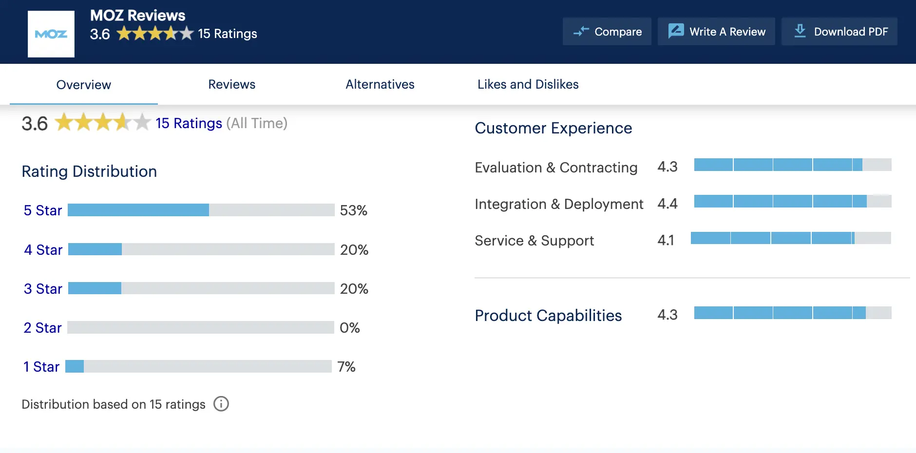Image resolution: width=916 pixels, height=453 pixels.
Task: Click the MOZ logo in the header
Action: (51, 34)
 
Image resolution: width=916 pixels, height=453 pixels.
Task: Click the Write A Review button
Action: (716, 32)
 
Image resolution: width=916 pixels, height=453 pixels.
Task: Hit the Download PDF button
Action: (840, 32)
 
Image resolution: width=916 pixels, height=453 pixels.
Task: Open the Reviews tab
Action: (231, 84)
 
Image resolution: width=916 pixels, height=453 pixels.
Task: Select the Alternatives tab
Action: (380, 84)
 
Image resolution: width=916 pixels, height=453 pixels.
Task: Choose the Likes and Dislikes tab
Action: (528, 84)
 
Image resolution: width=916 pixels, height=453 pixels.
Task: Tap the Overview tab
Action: (84, 85)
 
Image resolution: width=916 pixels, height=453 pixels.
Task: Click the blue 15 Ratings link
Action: (189, 123)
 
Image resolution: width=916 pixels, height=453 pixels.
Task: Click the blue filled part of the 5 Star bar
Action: (138, 210)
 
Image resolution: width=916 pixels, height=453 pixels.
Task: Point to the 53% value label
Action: (353, 210)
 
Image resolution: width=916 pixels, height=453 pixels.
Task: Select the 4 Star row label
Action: (43, 250)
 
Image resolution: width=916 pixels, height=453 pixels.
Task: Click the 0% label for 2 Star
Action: (349, 328)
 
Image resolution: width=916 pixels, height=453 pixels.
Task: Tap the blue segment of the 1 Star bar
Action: (75, 366)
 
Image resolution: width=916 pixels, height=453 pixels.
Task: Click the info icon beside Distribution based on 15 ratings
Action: (221, 404)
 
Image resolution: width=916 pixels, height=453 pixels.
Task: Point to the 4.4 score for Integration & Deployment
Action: (667, 204)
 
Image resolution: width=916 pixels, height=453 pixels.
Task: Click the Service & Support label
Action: (534, 241)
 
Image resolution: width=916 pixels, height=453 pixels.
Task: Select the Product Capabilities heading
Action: (548, 316)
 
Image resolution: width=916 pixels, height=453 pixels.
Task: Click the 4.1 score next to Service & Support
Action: (666, 240)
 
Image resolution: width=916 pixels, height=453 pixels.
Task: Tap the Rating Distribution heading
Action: (89, 171)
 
